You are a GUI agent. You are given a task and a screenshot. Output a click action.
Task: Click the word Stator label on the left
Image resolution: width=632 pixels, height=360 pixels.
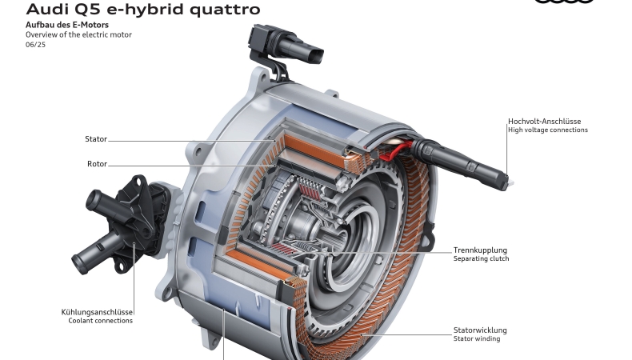coord(96,139)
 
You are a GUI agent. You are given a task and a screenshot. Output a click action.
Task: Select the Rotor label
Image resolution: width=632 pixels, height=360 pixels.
coord(97,164)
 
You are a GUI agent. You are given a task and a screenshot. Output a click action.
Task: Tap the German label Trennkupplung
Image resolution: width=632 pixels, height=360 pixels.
coord(480,250)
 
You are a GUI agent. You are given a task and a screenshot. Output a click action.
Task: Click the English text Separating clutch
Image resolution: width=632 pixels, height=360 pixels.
coord(481,259)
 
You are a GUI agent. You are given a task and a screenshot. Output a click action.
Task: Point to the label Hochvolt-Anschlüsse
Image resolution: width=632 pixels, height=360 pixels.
coord(544,122)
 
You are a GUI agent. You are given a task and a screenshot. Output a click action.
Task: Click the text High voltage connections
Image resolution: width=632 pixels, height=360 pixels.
coord(548,130)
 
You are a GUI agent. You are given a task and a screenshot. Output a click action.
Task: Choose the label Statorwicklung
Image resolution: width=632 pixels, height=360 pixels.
coord(480,330)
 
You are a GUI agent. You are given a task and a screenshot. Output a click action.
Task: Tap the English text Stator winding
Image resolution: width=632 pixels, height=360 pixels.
coord(477,338)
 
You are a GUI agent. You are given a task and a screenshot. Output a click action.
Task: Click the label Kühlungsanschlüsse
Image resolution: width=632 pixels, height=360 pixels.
coord(97,312)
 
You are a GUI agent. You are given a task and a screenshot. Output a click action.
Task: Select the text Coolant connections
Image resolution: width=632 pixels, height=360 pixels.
coord(100,321)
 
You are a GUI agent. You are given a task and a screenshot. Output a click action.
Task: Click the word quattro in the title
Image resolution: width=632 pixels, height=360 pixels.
coord(225,10)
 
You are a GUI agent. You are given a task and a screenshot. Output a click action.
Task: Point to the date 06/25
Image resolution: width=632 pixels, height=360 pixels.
coord(35,45)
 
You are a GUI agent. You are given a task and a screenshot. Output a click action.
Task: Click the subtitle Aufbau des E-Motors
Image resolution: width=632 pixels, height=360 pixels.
coord(67,25)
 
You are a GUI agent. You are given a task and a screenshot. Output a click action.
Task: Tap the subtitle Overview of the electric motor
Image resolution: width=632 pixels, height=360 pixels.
coord(78,34)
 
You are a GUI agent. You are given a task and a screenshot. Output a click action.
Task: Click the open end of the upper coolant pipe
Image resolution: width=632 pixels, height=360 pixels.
coord(93,200)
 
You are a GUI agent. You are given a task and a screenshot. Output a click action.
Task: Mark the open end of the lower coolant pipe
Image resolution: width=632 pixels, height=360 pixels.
coord(79,264)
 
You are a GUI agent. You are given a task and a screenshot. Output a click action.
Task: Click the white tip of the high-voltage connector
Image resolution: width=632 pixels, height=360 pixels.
coord(510,183)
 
